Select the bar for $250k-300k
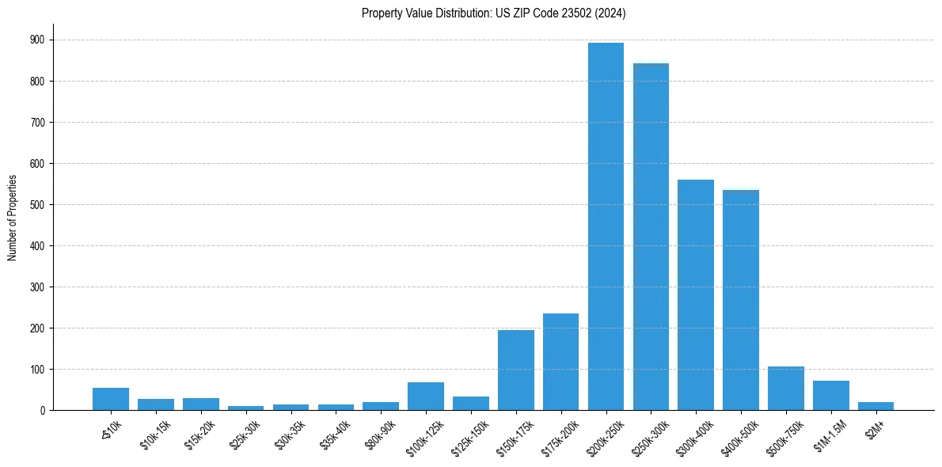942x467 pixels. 651,237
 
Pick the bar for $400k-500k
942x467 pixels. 741,300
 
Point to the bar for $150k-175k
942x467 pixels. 516,370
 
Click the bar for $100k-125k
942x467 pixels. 426,396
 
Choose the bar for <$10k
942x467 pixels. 111,399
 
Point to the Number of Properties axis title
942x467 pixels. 13,218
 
